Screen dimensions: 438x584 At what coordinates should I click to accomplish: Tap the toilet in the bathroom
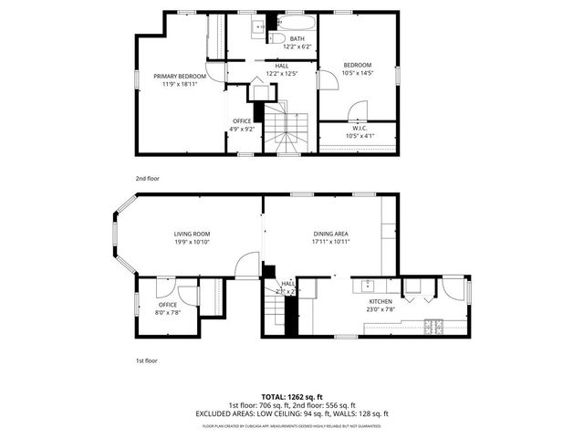pos(282,37)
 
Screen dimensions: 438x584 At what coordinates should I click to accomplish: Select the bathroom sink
pos(258,28)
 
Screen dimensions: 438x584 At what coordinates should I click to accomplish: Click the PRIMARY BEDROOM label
pos(180,76)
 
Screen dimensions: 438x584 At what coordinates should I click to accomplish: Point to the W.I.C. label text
pos(359,128)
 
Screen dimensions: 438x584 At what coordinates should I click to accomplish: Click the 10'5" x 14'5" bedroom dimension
pos(358,73)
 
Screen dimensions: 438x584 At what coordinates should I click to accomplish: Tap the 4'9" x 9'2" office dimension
pos(242,130)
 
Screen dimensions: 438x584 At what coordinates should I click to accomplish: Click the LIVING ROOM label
pos(193,235)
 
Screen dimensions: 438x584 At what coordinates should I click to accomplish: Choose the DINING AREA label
pos(329,235)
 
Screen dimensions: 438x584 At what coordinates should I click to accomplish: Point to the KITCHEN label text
pos(380,301)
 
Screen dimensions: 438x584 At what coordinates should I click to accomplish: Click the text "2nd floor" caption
pos(147,179)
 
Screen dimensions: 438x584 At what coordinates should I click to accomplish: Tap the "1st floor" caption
pos(147,361)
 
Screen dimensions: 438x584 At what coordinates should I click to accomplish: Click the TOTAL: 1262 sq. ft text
pos(291,397)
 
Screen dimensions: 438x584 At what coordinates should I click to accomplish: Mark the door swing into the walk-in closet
pos(357,113)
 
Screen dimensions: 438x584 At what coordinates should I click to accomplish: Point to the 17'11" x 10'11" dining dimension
pos(329,243)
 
